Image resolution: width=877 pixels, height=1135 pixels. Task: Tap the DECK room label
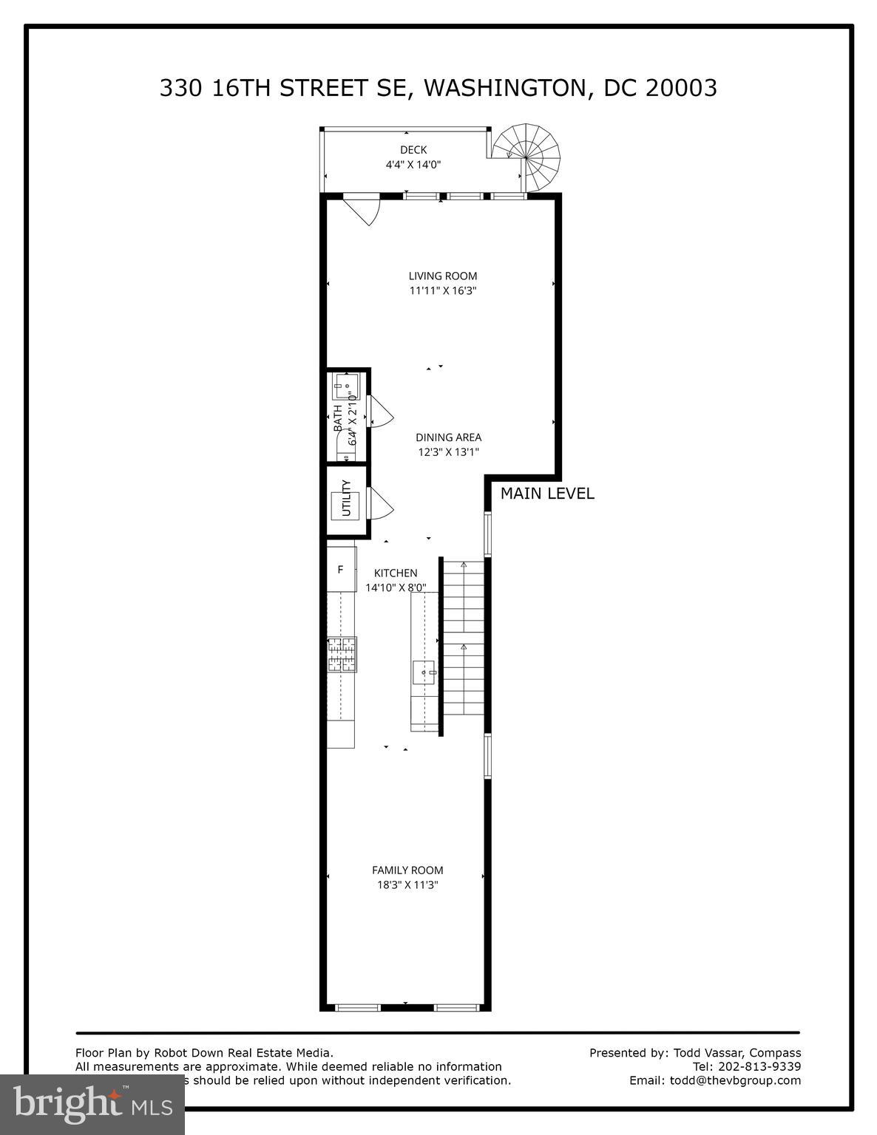click(413, 150)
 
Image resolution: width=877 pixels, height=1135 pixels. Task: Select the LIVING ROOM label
click(443, 276)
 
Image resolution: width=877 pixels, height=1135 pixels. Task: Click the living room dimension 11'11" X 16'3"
click(443, 291)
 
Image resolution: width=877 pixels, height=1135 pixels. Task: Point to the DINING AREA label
click(448, 437)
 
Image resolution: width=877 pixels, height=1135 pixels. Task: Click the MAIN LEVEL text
click(547, 494)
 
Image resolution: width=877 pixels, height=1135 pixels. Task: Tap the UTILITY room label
click(345, 499)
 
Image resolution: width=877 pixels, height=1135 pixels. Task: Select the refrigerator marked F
click(341, 570)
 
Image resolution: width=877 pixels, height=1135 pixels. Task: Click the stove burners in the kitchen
click(342, 655)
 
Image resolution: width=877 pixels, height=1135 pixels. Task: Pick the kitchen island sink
click(425, 672)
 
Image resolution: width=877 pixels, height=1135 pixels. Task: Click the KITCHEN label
click(396, 573)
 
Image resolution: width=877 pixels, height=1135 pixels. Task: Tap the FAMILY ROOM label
click(407, 870)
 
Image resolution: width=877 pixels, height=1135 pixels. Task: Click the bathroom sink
click(345, 385)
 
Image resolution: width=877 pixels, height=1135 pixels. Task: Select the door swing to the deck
click(364, 209)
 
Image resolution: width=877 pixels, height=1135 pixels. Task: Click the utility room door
click(380, 504)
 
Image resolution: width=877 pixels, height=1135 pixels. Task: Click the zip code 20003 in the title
click(681, 88)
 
